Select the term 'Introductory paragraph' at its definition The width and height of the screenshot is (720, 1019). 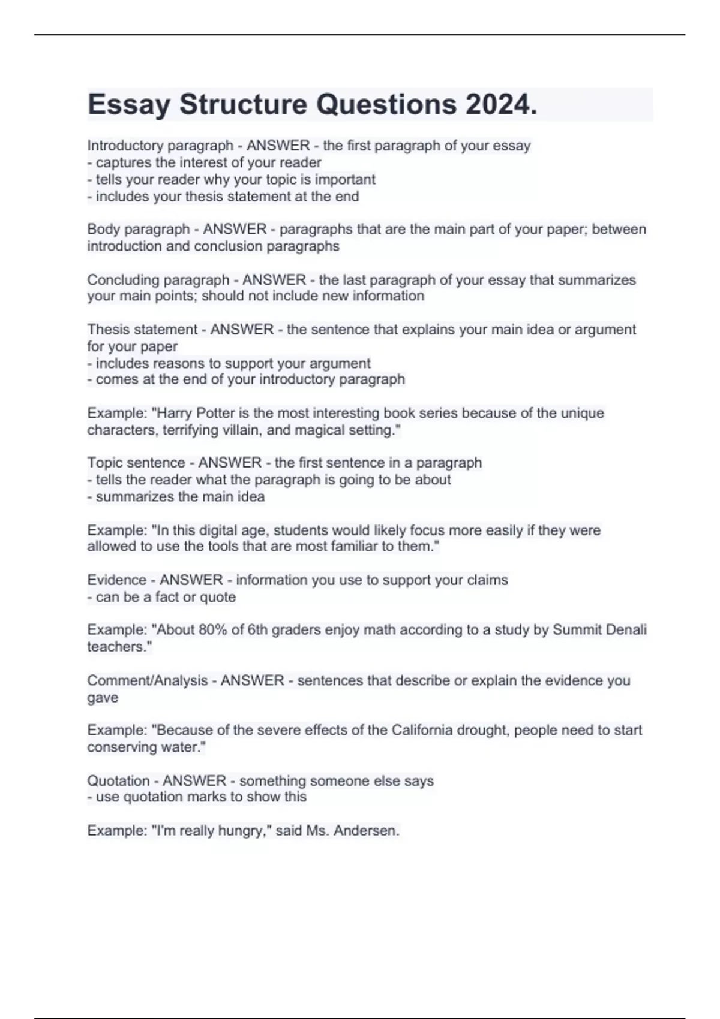tap(160, 146)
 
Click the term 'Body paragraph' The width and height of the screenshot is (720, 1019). tap(138, 229)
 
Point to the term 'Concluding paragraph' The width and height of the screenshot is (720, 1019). tap(158, 280)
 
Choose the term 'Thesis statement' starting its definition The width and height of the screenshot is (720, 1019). tap(142, 330)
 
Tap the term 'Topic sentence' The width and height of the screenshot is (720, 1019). tap(136, 463)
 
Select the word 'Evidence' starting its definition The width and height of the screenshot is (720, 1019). tap(116, 580)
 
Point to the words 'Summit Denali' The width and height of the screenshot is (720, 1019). tap(599, 630)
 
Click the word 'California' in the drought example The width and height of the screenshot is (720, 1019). tap(422, 731)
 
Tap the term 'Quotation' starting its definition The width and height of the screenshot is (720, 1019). tap(118, 781)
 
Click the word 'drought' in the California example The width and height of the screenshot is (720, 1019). tap(481, 731)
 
